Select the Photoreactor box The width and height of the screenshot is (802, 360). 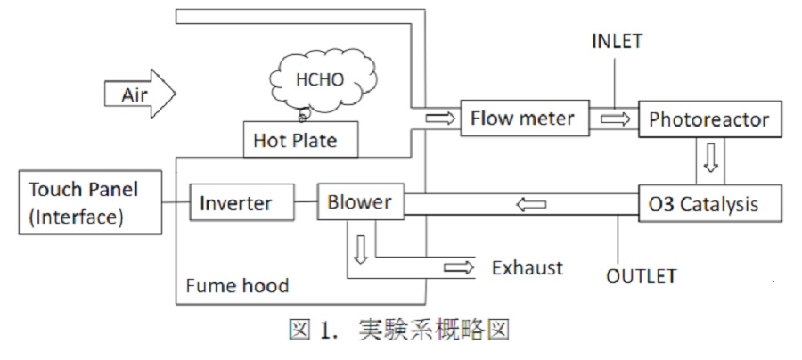click(x=709, y=119)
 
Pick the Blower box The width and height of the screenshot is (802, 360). click(x=360, y=202)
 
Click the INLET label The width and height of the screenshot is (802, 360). click(x=616, y=41)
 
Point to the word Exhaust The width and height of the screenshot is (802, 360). click(x=528, y=266)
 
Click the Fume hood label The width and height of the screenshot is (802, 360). click(x=238, y=286)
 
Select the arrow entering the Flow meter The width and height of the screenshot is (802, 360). click(x=439, y=118)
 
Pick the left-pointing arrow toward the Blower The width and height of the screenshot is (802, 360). click(x=533, y=204)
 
